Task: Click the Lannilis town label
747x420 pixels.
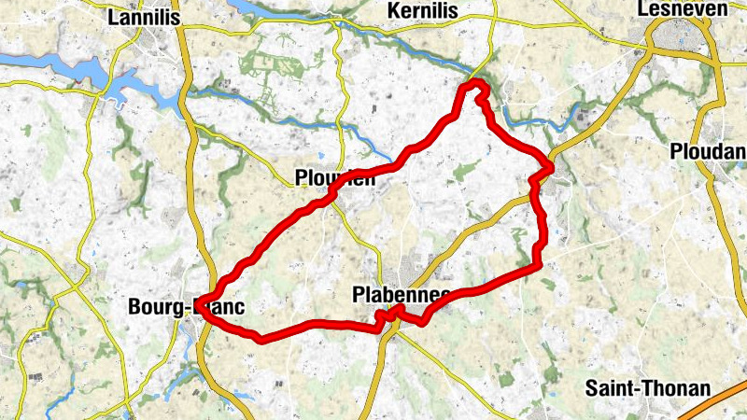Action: coord(145,17)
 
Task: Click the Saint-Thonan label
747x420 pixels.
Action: coord(647,387)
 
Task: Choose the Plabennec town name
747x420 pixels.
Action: coord(402,295)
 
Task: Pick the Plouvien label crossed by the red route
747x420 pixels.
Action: coord(333,178)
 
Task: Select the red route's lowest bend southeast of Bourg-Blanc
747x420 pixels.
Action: coord(261,338)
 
